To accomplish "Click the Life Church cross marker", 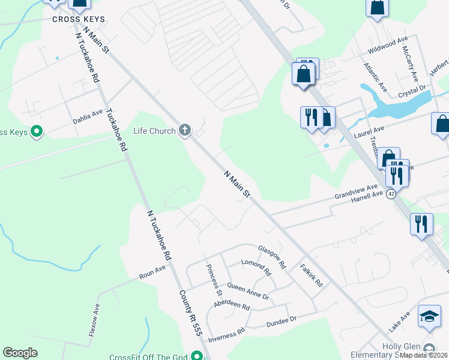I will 185,130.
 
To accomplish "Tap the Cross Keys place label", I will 79,19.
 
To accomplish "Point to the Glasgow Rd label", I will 272,256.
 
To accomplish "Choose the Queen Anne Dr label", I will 247,292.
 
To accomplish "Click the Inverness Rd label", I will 226,335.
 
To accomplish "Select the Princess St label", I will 214,280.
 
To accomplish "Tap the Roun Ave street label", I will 152,271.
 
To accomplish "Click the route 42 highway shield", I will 391,194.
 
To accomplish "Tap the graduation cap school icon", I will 429,317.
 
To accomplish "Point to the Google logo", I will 20,353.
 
